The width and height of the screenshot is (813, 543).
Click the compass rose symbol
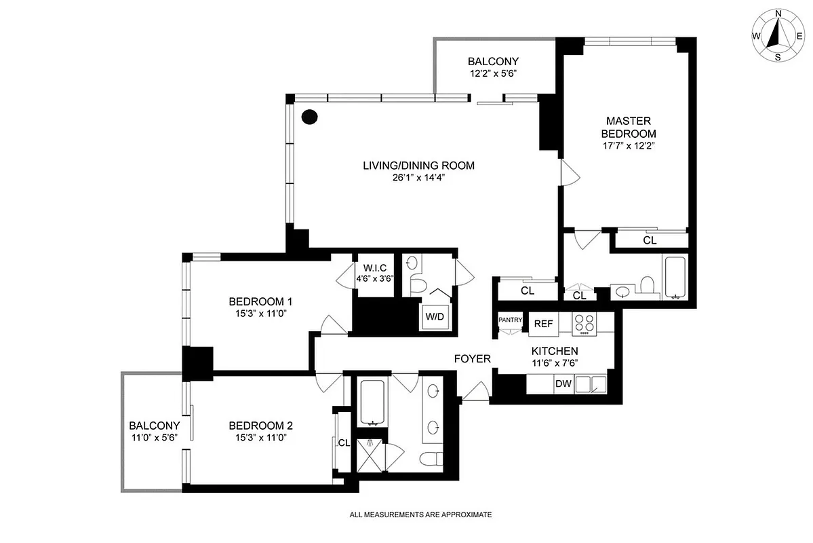(778, 36)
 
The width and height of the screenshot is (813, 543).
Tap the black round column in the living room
(309, 117)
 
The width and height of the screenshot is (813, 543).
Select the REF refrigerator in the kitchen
(543, 324)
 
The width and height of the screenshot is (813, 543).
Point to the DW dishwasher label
(563, 384)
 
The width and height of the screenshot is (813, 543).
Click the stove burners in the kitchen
(583, 324)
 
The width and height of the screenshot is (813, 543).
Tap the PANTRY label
(510, 320)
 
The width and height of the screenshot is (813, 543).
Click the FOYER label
(472, 358)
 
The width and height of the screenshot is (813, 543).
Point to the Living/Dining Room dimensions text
(418, 177)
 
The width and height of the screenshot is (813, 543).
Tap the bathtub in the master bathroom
(675, 278)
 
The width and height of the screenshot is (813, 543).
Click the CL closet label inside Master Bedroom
(650, 240)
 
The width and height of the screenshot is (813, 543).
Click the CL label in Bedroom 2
(344, 443)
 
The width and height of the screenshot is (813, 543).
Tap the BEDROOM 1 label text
(260, 301)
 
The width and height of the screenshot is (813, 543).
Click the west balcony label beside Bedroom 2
(155, 426)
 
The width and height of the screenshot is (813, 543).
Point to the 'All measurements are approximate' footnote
(420, 515)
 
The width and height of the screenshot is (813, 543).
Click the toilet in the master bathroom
(646, 286)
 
